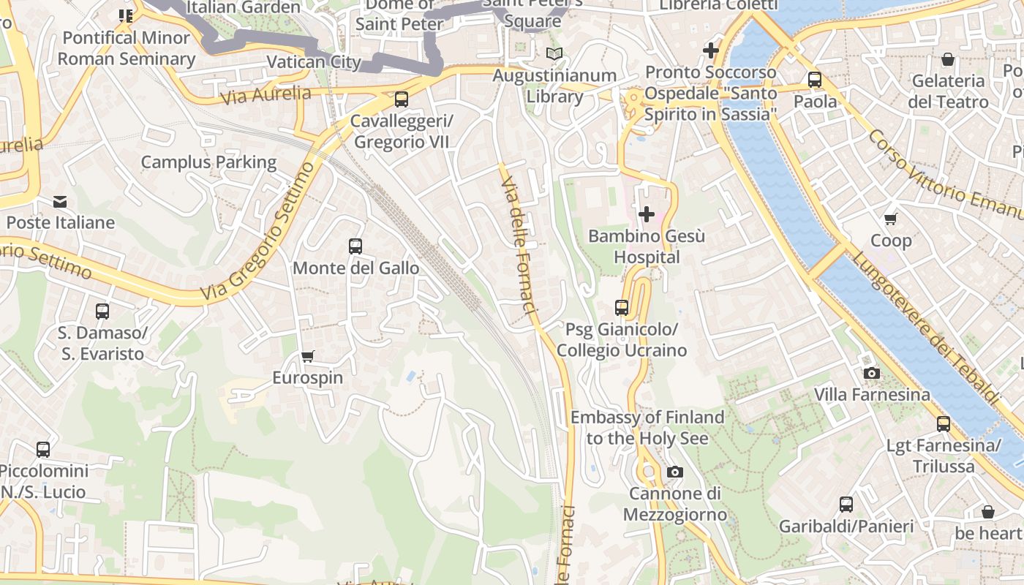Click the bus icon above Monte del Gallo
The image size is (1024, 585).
pos(355,246)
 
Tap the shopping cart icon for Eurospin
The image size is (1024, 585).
pos(308,357)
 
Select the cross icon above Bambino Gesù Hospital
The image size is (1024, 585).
pos(647,214)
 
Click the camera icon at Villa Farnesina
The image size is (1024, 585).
pos(871,374)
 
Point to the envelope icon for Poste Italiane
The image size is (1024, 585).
pos(60,201)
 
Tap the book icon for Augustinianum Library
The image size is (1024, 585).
pos(554,54)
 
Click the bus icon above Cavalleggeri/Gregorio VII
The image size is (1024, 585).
pos(401,99)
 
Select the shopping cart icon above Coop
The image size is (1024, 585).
pos(891,219)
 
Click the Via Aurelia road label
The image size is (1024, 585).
pos(265,95)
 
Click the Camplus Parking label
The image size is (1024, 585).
pos(208,162)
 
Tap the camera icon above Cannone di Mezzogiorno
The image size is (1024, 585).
pos(675,472)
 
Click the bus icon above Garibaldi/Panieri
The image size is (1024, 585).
pos(846,505)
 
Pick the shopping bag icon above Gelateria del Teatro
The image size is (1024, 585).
pos(948,59)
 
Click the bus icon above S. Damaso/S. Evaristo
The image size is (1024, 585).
pos(102,312)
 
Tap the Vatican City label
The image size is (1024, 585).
pos(314,61)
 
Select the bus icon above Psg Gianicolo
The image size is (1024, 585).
pos(622,308)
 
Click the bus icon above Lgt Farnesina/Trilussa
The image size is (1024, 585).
pos(944,424)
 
